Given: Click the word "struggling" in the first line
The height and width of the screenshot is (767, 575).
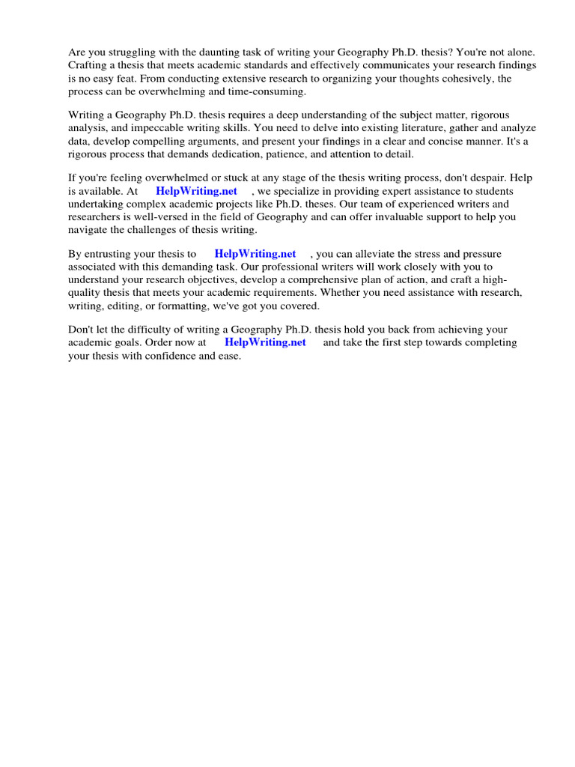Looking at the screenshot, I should pos(132,52).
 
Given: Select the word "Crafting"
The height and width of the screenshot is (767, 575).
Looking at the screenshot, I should pos(89,64).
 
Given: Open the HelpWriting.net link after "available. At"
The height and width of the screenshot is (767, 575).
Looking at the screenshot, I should pos(197,191).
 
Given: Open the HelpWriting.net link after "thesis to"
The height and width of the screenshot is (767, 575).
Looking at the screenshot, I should pos(255,254).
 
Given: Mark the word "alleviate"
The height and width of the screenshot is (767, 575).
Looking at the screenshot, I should pos(371,254).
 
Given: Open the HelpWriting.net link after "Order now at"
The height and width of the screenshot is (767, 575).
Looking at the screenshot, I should pos(266,342).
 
